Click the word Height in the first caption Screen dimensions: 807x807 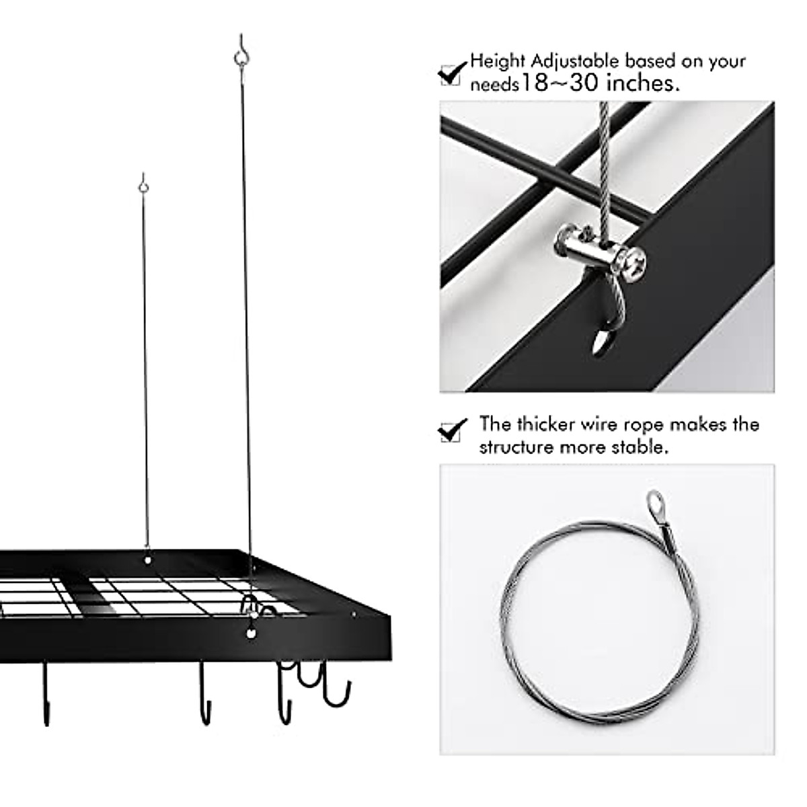click(x=498, y=61)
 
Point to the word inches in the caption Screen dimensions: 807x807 click(x=643, y=83)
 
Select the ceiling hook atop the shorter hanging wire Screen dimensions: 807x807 click(x=143, y=184)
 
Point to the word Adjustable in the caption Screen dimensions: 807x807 click(x=576, y=61)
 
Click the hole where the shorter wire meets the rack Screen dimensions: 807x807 click(x=148, y=558)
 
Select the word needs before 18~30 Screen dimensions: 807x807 click(x=494, y=85)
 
